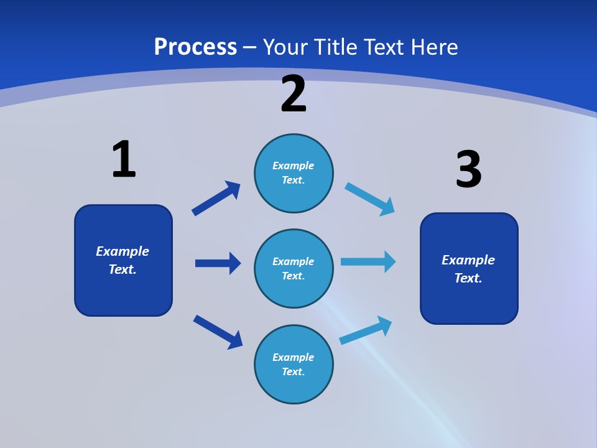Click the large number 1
[124, 159]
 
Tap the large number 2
[293, 93]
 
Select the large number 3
[469, 169]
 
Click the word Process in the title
[195, 47]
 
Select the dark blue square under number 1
[123, 260]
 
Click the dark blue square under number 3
[469, 269]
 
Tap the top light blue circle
[294, 173]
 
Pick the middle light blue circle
[294, 269]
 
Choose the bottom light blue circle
[294, 364]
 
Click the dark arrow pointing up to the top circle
[216, 198]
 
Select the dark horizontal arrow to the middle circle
[218, 263]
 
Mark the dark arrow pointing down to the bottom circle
[218, 332]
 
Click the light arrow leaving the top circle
[369, 199]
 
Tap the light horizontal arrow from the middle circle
[368, 262]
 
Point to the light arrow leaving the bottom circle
[366, 330]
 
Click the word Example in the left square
[123, 251]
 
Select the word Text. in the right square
[468, 278]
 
